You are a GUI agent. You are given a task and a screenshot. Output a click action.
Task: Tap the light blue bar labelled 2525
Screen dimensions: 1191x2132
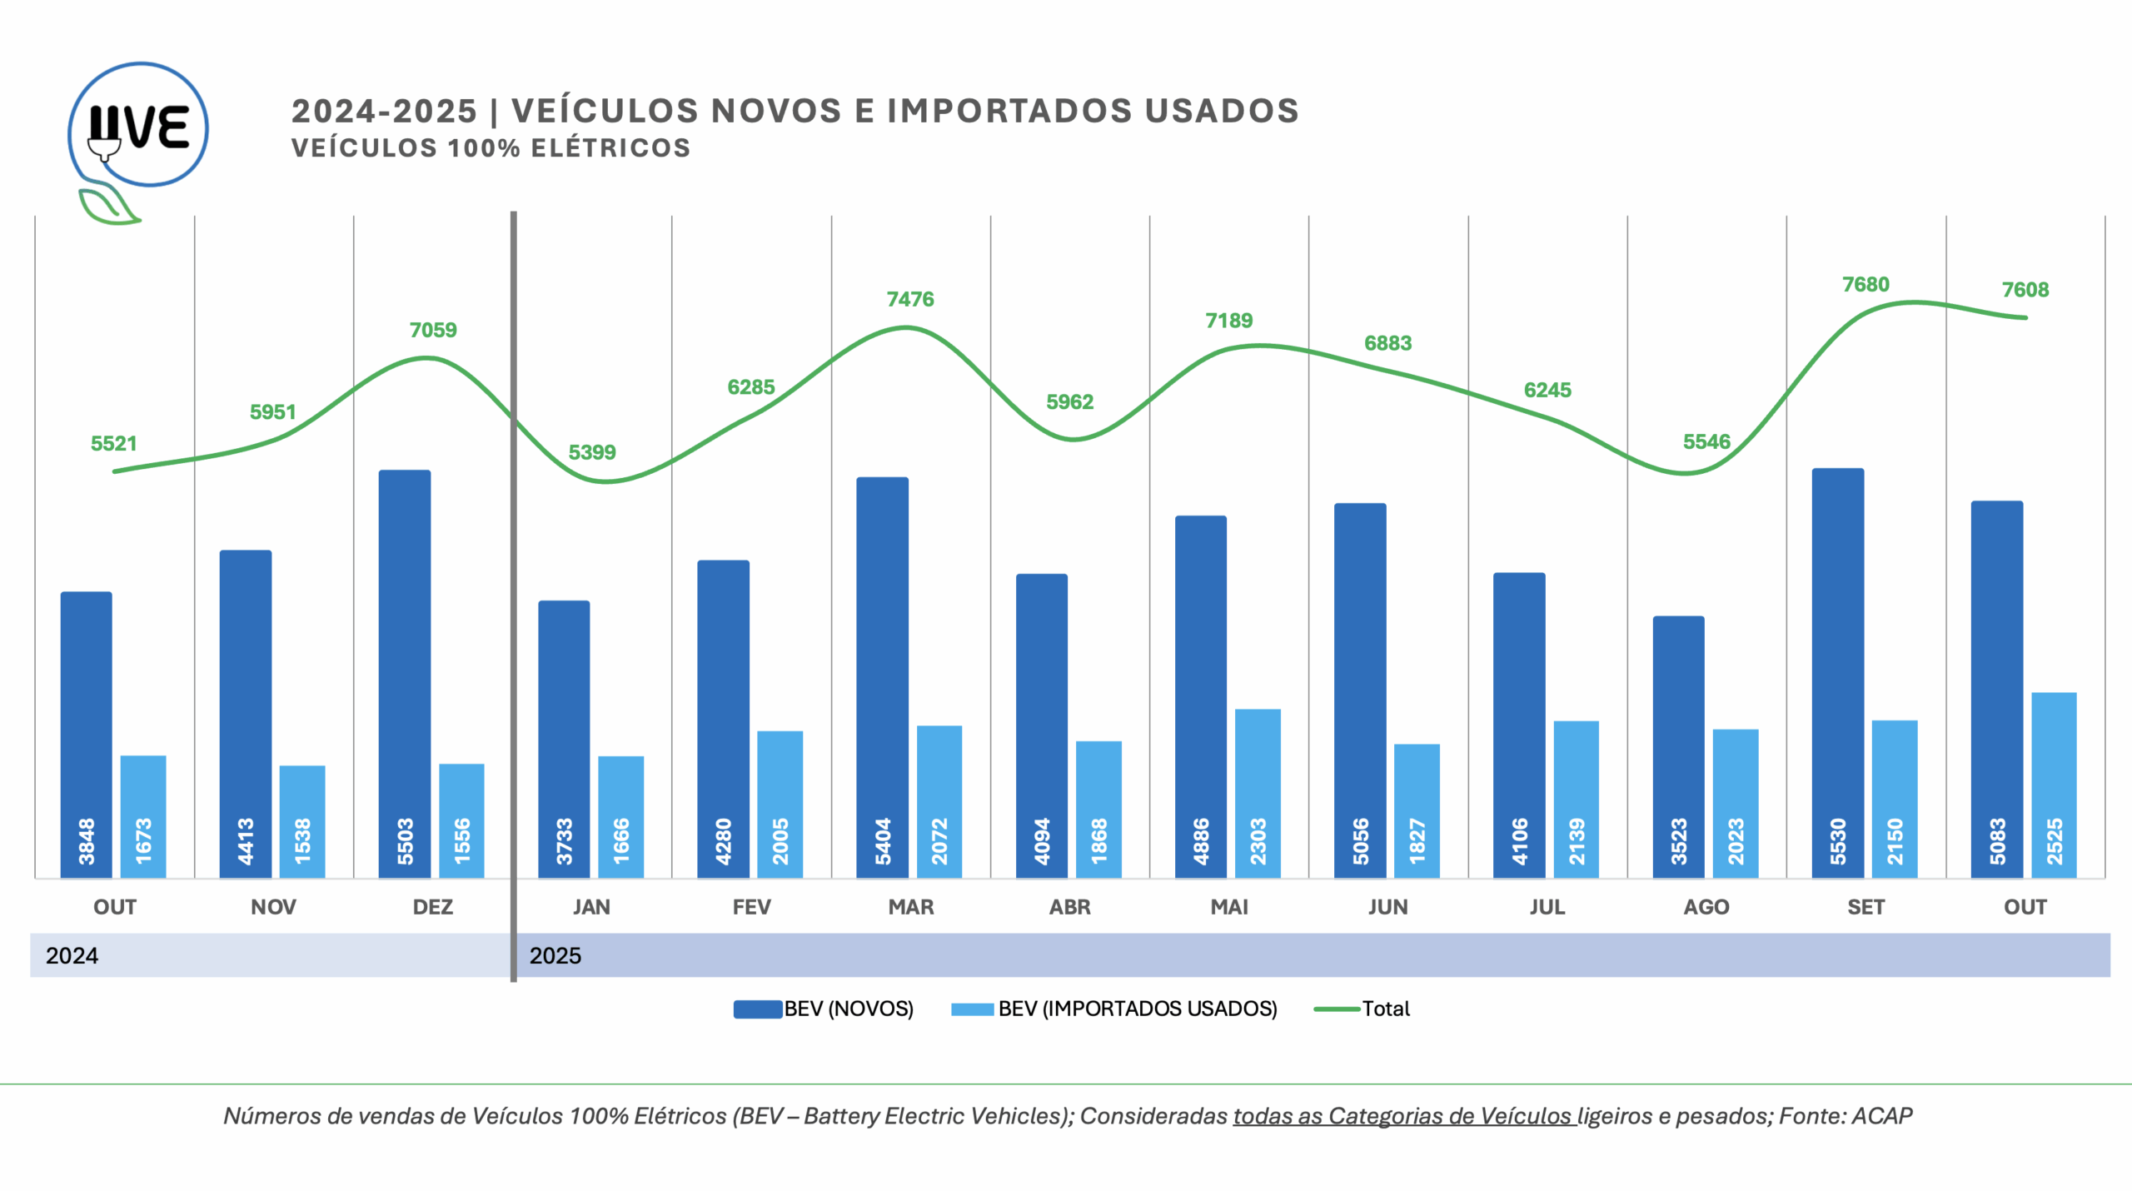pos(2054,784)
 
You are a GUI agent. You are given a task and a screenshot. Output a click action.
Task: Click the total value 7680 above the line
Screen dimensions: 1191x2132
pos(1865,285)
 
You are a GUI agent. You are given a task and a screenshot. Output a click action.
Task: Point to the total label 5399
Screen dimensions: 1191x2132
pos(592,452)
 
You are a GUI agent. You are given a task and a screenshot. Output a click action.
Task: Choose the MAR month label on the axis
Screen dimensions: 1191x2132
pos(910,907)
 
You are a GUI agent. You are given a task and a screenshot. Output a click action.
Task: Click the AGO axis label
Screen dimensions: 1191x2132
pos(1706,907)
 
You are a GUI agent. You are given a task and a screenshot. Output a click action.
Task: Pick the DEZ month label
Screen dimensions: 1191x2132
pos(433,907)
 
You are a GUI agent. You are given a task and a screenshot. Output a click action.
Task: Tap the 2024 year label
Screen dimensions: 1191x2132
pos(72,955)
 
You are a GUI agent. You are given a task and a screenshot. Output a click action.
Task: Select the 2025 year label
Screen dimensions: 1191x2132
pos(555,955)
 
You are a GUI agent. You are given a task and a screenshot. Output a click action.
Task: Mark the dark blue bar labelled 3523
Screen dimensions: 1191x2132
pos(1678,746)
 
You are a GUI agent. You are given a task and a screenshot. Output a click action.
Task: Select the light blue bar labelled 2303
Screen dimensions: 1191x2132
pos(1258,792)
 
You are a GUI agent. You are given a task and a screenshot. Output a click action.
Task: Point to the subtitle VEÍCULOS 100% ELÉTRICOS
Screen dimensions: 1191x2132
pos(491,148)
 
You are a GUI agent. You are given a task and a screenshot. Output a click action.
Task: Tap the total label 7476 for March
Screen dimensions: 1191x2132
pos(910,299)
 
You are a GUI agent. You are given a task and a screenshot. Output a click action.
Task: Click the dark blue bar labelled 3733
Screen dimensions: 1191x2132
pos(564,738)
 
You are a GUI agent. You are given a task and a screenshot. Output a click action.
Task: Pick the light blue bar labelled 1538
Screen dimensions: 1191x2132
pos(302,820)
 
